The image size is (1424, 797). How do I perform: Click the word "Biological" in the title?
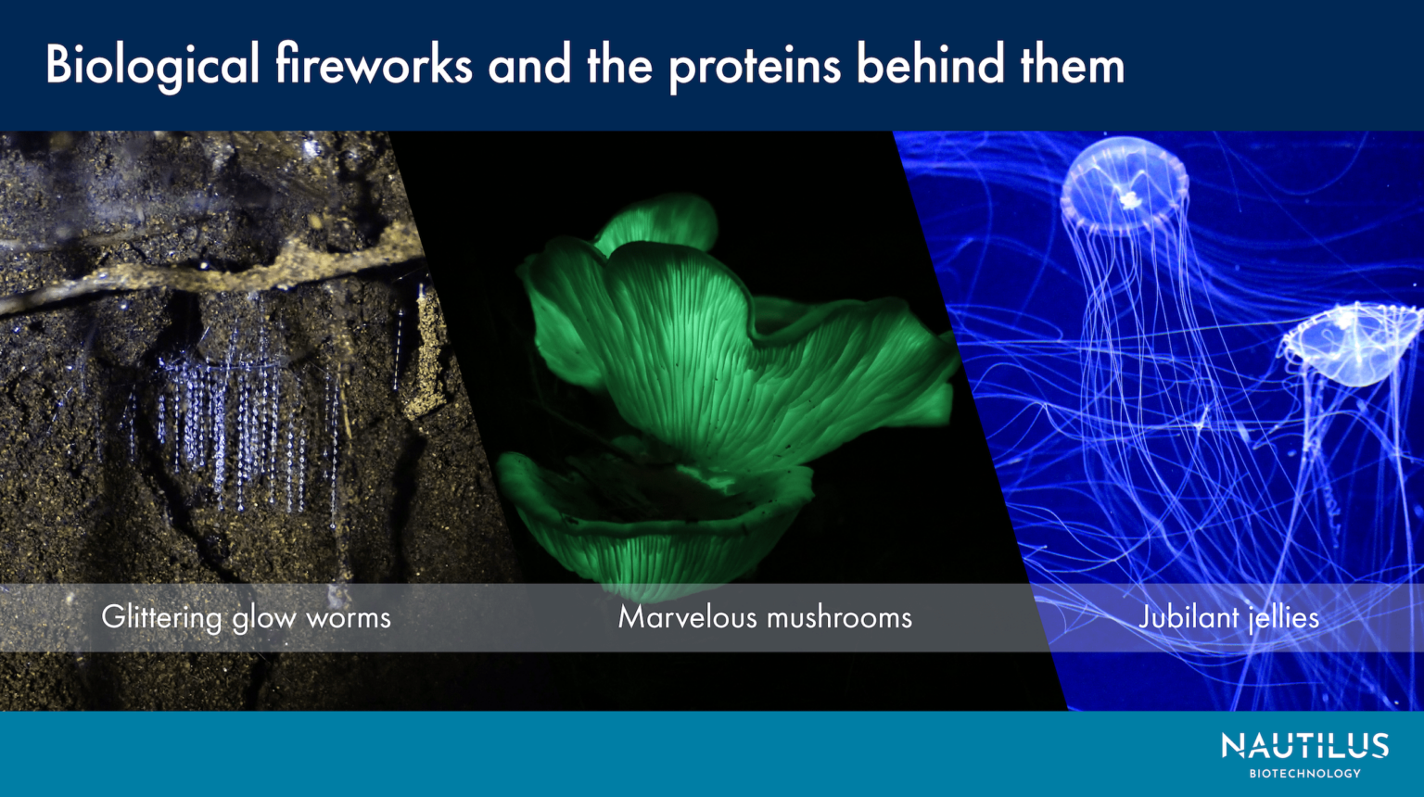(x=152, y=66)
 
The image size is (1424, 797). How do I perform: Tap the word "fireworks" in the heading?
(x=373, y=66)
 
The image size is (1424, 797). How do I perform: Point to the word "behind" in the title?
(x=931, y=66)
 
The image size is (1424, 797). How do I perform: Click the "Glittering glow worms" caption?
(x=246, y=617)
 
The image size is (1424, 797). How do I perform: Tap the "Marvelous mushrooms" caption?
(x=765, y=617)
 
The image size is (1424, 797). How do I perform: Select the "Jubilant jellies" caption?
(x=1228, y=617)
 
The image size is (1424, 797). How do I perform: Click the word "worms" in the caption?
(x=349, y=618)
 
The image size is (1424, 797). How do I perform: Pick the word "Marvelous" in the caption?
(x=687, y=617)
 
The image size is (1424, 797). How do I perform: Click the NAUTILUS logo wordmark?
(x=1304, y=746)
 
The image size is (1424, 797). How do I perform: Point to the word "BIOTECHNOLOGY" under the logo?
(x=1304, y=773)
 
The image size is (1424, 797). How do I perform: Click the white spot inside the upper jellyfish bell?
(x=1129, y=198)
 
